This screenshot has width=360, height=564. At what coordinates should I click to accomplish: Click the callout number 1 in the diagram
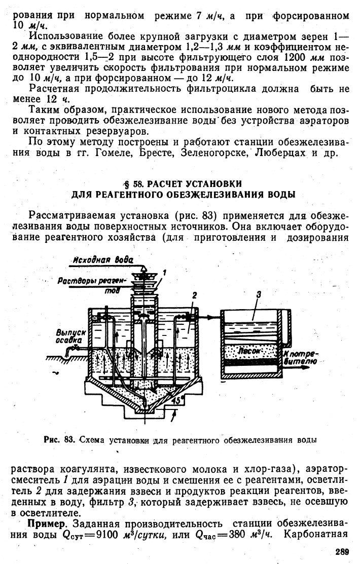point(164,273)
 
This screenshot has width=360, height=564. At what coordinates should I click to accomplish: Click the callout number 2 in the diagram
point(195,295)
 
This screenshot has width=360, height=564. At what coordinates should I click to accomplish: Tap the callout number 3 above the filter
point(258,294)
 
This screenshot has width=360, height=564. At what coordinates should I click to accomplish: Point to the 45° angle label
point(177,400)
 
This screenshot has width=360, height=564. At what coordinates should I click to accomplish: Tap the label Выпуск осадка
point(70,335)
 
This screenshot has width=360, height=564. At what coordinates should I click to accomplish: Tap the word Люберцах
point(280,153)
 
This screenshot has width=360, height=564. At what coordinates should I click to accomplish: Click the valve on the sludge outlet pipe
point(76,348)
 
